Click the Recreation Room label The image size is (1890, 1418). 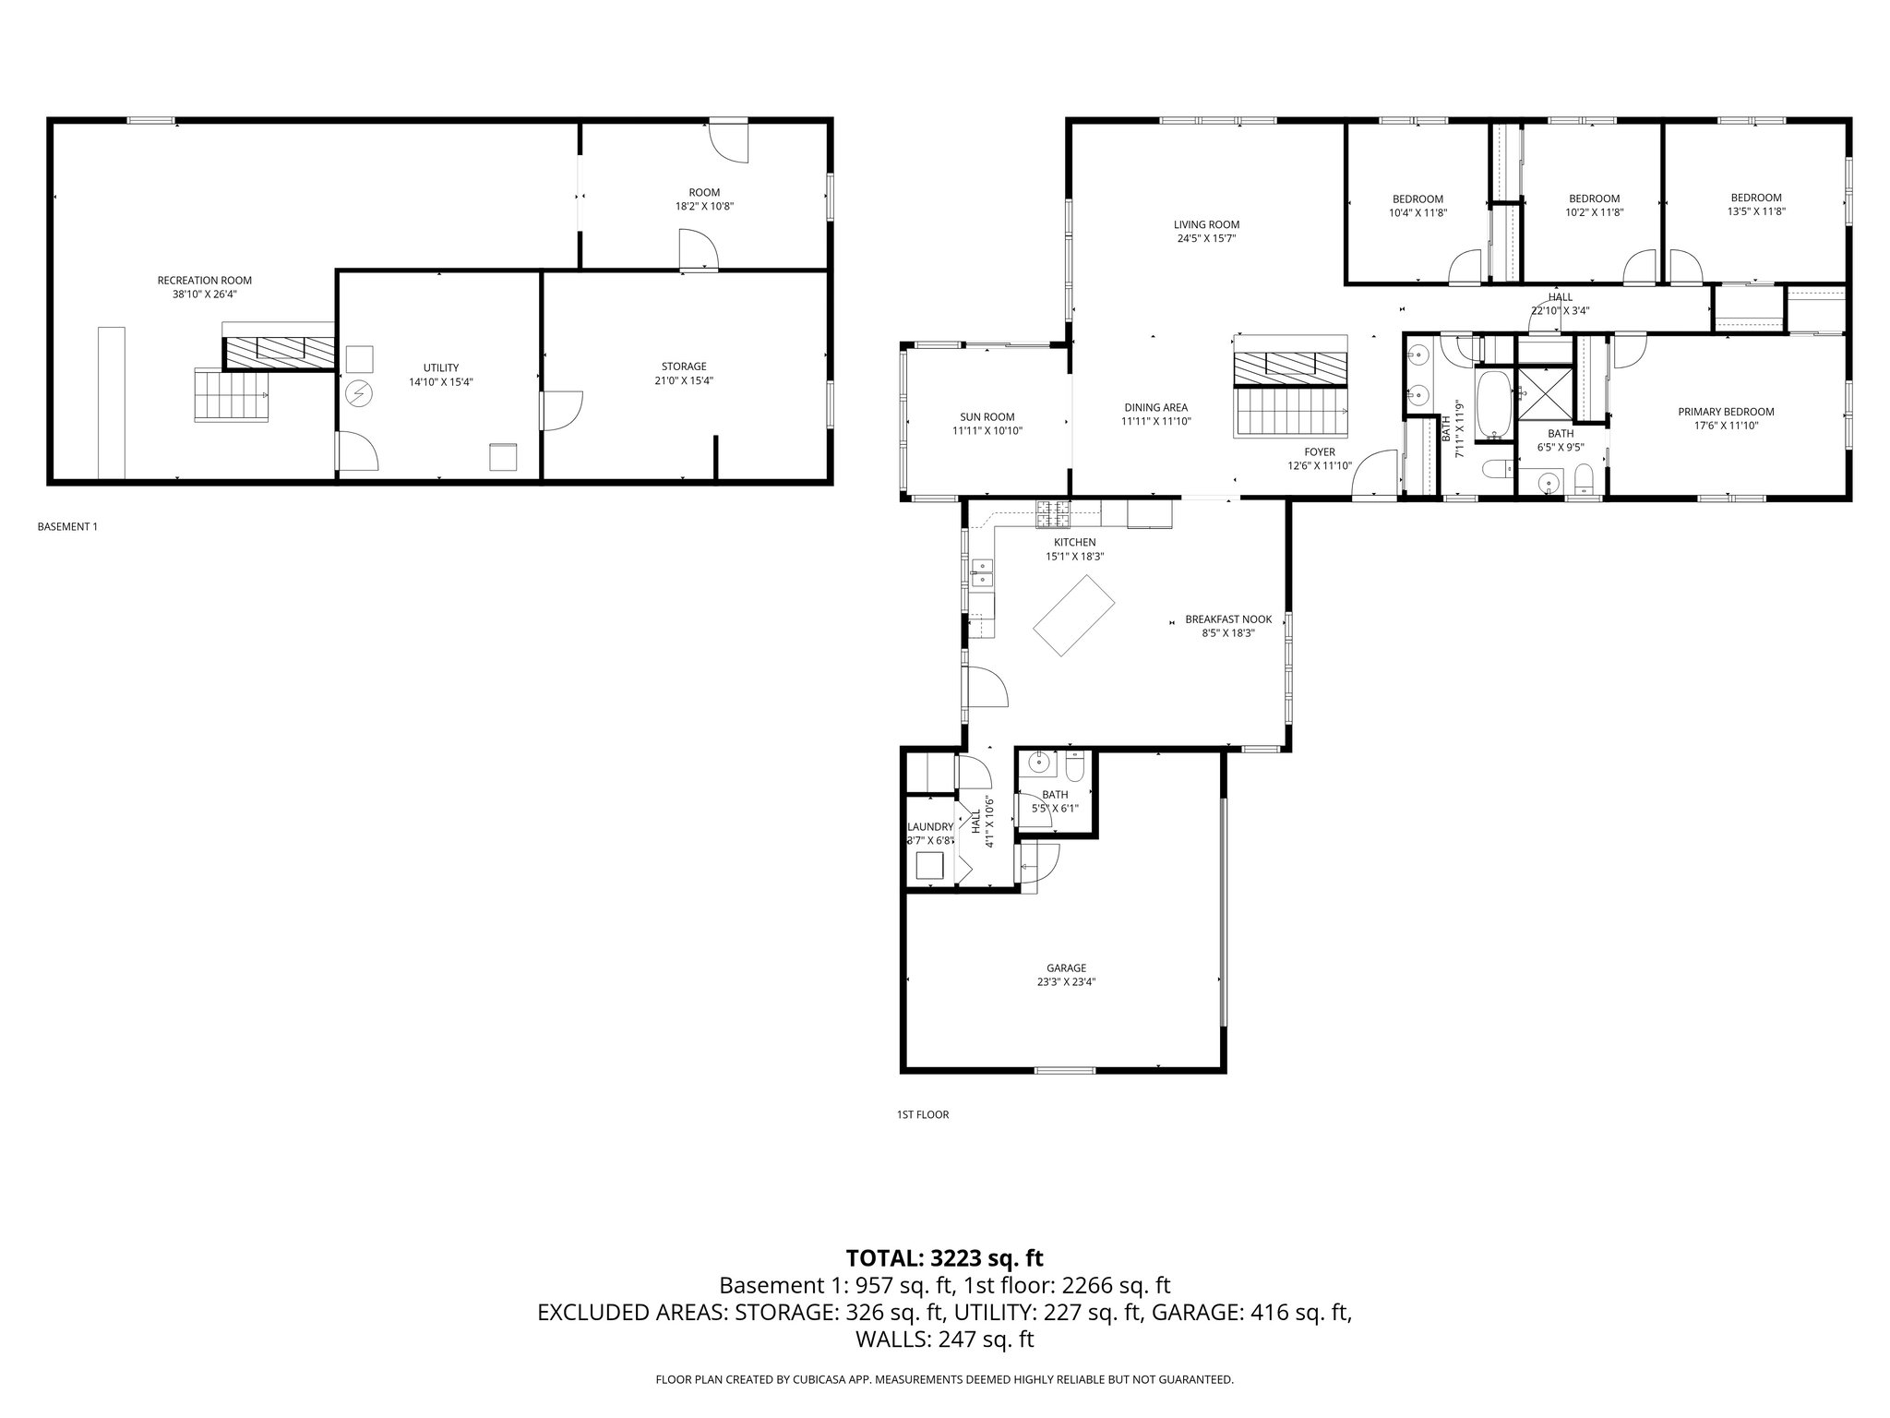[x=204, y=281]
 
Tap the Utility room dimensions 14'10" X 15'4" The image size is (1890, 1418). [x=441, y=381]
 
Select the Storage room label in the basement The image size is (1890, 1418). [x=683, y=367]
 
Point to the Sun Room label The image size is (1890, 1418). [x=987, y=417]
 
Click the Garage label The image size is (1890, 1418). [x=1065, y=968]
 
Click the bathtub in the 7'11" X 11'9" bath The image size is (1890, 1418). [x=1492, y=405]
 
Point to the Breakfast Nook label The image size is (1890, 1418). [x=1227, y=619]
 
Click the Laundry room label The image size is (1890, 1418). [x=929, y=827]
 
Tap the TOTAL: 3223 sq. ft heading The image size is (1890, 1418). [x=944, y=1257]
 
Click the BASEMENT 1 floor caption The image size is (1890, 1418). [x=66, y=527]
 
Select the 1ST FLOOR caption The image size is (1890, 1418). [x=922, y=1114]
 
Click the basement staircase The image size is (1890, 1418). [x=231, y=394]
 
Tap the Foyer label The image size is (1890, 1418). [x=1319, y=452]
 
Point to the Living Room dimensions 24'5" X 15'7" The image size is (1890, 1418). [x=1205, y=238]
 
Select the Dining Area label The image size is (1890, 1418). [x=1155, y=407]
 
